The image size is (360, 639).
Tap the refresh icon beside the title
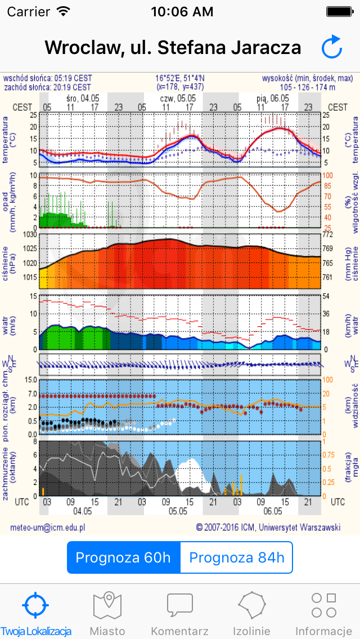(x=332, y=47)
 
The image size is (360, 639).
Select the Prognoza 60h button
(x=123, y=557)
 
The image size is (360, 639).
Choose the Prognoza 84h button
(x=237, y=557)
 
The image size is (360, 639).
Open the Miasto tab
(x=107, y=613)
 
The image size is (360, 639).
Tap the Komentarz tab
(x=180, y=613)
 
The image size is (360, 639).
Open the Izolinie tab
(x=252, y=613)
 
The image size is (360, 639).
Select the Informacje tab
(x=323, y=613)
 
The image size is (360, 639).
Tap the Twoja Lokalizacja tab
(x=36, y=613)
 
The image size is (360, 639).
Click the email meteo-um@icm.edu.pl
(x=48, y=527)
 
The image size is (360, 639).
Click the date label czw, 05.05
(x=178, y=97)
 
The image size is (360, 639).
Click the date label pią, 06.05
(x=273, y=97)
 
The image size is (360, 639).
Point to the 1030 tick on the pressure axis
(x=29, y=234)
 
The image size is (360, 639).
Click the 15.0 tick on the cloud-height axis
(x=30, y=380)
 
